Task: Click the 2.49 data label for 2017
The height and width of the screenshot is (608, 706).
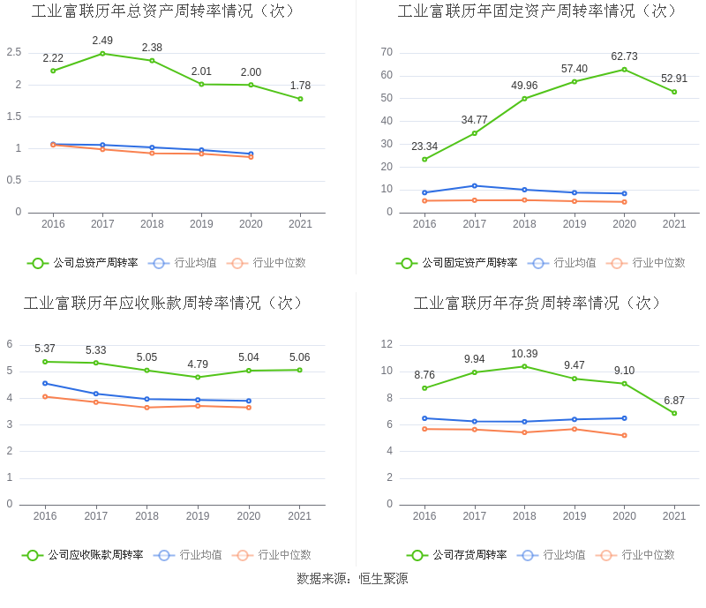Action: coord(102,41)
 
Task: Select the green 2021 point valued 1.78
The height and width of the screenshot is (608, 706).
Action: coord(300,99)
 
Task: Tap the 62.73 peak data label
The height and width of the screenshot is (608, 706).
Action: coord(624,56)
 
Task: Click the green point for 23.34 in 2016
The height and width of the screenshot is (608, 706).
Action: coord(424,160)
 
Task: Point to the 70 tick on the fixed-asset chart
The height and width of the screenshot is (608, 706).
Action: coord(387,52)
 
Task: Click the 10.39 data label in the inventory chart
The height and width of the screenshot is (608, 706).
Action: coord(524,354)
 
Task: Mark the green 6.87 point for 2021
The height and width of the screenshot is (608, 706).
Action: coord(674,413)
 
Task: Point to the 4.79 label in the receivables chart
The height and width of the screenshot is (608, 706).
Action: coord(198,364)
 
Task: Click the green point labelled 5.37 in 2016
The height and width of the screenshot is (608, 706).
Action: coord(45,362)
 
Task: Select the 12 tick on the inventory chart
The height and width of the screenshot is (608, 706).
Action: coord(387,344)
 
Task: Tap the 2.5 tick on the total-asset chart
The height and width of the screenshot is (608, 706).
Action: coord(13,52)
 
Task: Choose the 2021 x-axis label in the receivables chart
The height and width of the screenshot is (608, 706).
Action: coord(300,516)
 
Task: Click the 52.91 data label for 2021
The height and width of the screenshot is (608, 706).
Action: coord(674,79)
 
